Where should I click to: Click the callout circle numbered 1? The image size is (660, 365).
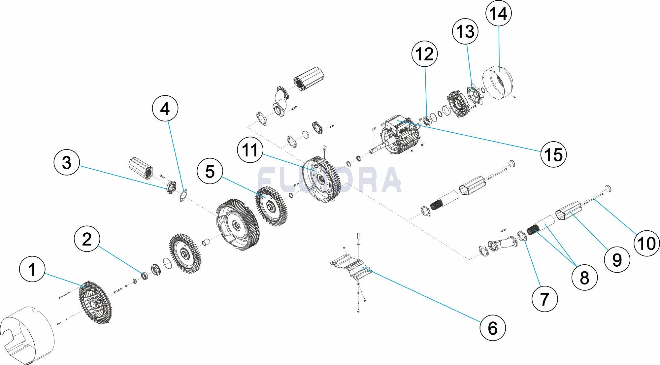pos(32,269)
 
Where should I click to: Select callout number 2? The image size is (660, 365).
pos(87,239)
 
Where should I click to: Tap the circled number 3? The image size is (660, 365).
pos(67,162)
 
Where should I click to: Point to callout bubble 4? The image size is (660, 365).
pos(165,109)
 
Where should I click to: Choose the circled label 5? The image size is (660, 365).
pos(210,171)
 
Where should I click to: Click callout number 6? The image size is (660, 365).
pos(492,328)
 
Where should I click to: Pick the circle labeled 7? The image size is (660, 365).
pos(544,299)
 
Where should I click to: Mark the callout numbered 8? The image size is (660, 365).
pos(584,278)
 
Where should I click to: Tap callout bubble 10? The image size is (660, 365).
pos(646,244)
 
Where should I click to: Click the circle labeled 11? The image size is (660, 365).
pos(250,150)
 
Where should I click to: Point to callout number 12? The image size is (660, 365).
pos(425,54)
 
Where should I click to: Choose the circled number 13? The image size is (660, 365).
pos(465,32)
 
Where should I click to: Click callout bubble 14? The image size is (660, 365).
pos(499,14)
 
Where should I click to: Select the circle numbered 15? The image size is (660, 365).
pos(553,154)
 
